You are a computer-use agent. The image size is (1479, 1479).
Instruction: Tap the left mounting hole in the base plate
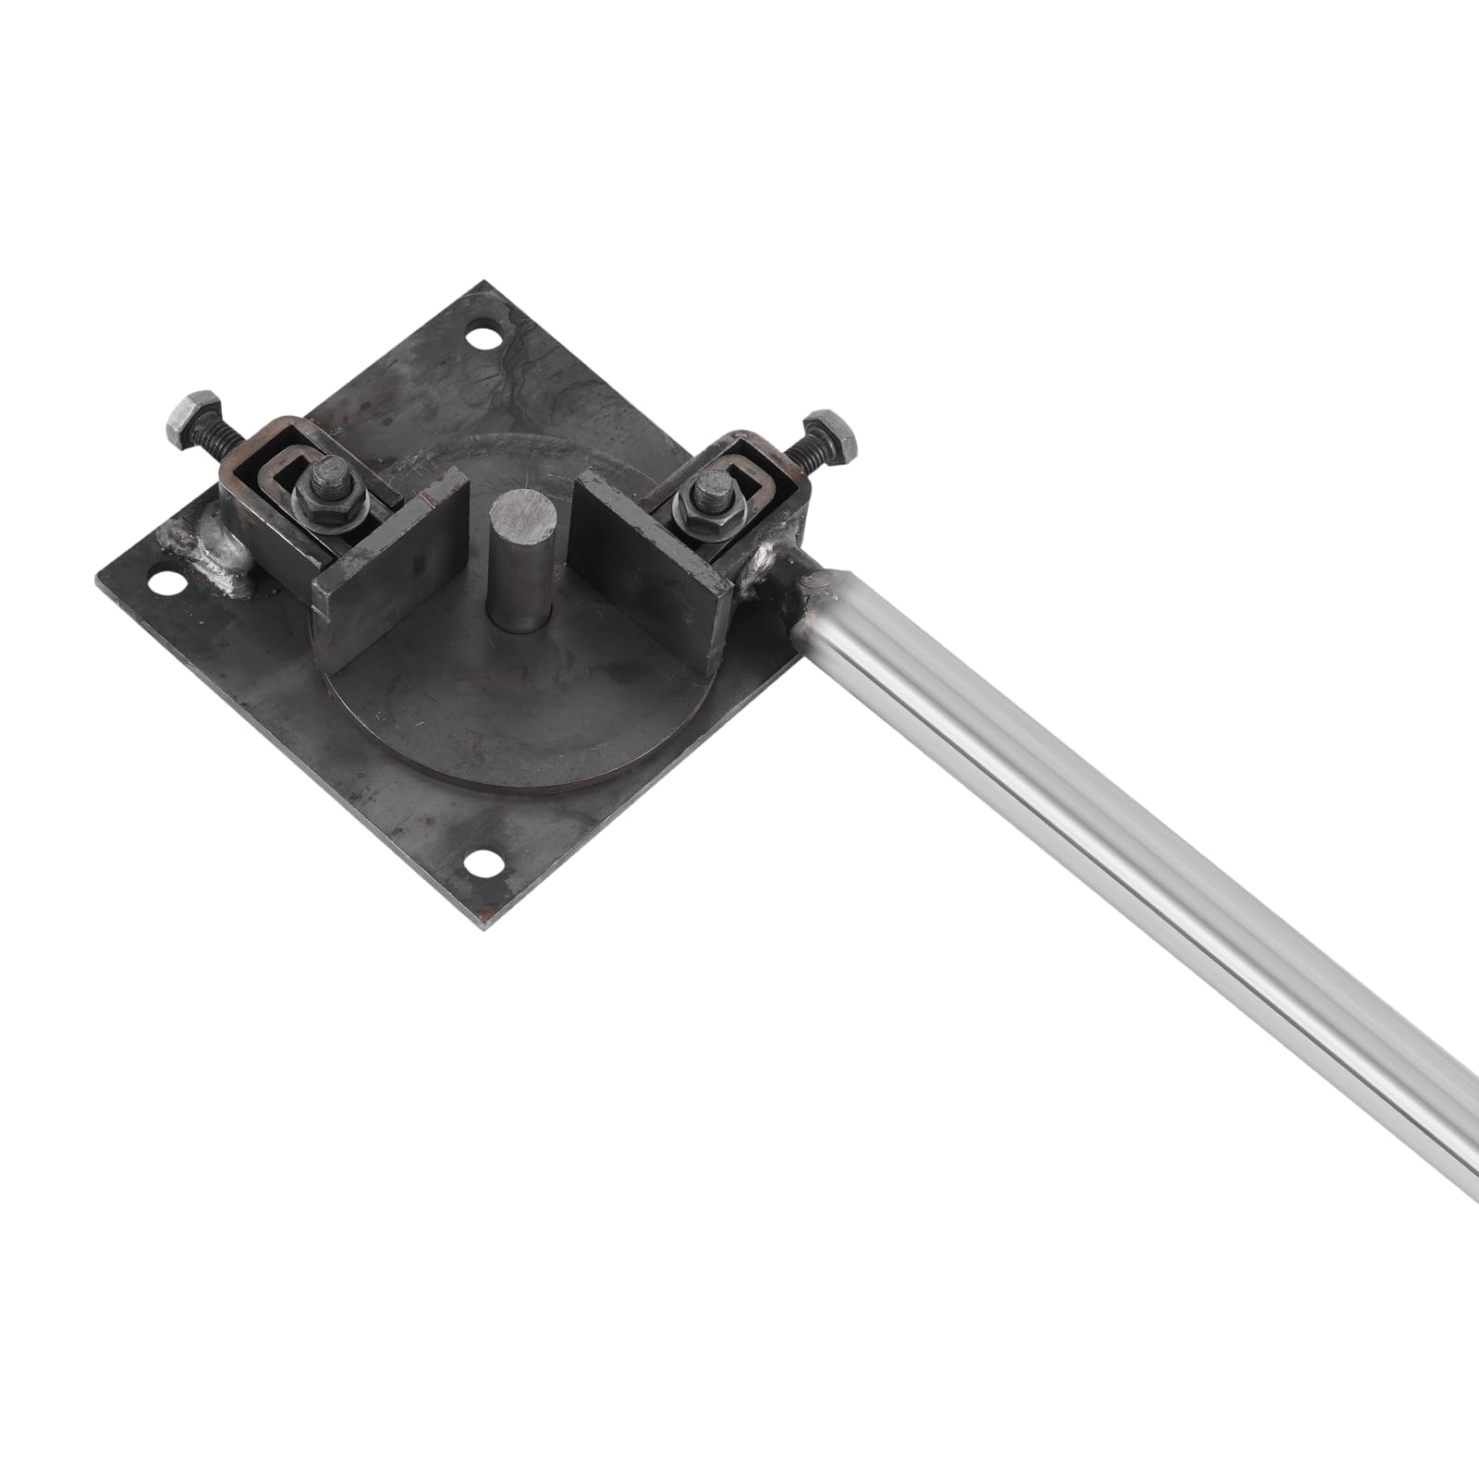[167, 583]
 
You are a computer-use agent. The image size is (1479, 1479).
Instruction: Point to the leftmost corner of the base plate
[98, 578]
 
